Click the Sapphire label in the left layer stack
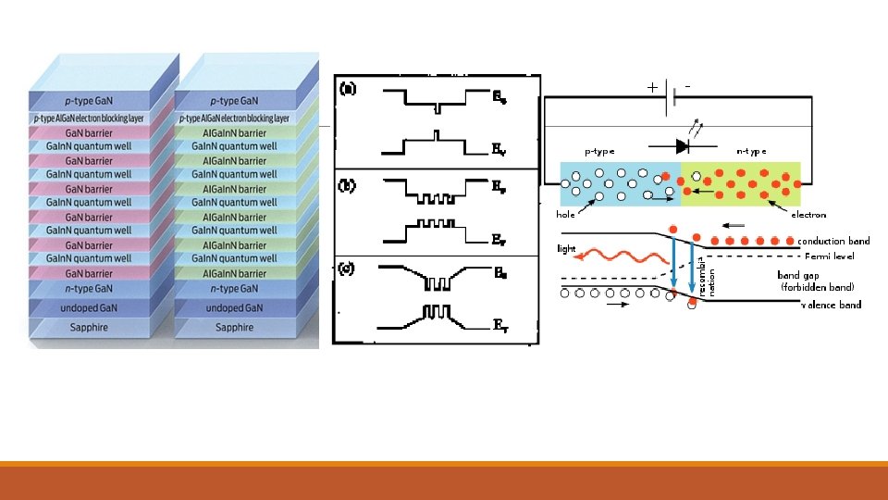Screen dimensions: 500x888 pos(88,328)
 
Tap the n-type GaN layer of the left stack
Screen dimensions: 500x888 pos(88,290)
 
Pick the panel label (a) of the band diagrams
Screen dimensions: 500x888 pos(349,89)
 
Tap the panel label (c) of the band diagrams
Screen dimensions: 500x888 pos(349,269)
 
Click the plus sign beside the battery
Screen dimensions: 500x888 pos(653,88)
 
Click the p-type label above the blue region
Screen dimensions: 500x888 pos(598,151)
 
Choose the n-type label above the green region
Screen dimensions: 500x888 pos(750,151)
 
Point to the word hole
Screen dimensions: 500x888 pos(565,214)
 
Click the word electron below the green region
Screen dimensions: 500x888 pos(808,214)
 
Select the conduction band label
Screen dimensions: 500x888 pos(833,241)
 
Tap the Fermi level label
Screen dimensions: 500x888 pos(830,256)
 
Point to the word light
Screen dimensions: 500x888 pos(566,249)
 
